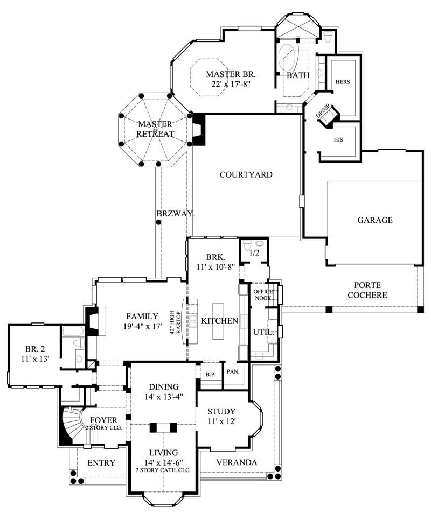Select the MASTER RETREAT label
point(155,129)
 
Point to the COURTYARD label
point(246,174)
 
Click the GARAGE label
point(375,220)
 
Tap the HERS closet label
point(343,82)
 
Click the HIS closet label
point(338,139)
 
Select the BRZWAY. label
point(176,214)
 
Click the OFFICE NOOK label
point(263,294)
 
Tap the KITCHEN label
point(219,321)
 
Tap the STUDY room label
point(222,412)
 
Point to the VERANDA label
point(237,462)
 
